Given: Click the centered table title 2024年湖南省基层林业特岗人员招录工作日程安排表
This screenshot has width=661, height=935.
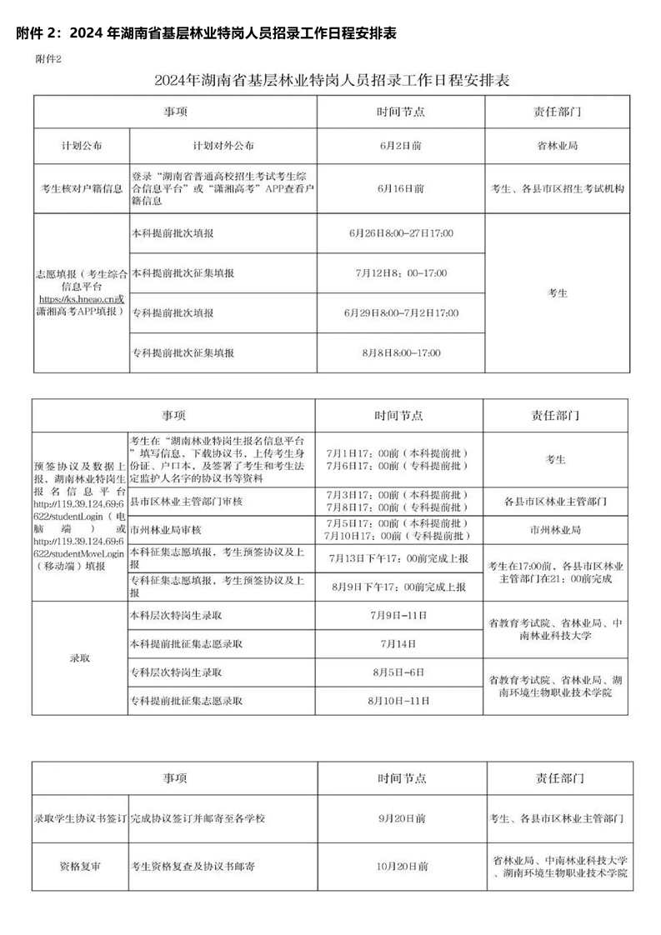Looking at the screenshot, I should coord(331,81).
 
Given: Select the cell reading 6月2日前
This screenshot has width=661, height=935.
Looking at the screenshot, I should coord(400,145).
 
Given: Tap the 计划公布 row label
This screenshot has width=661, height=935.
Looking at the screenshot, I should coord(82,145).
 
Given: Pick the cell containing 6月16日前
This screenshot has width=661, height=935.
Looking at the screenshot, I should coord(400,188).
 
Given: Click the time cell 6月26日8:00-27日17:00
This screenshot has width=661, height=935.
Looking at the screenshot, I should coord(401,232).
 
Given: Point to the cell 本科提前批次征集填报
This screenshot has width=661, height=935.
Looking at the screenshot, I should coord(183,273).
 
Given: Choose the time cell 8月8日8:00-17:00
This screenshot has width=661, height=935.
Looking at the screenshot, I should coord(401,352).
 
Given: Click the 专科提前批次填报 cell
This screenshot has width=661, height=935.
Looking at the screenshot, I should coord(173,312).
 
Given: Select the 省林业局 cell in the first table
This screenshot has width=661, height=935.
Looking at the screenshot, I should coord(557,145).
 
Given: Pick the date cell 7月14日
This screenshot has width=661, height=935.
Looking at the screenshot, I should coord(399,643).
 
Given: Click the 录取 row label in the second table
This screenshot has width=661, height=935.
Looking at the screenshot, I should coord(79,657).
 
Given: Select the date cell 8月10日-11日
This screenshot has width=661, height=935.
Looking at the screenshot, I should coord(399,701).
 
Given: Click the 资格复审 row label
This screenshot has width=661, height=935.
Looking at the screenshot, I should coord(81,867).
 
